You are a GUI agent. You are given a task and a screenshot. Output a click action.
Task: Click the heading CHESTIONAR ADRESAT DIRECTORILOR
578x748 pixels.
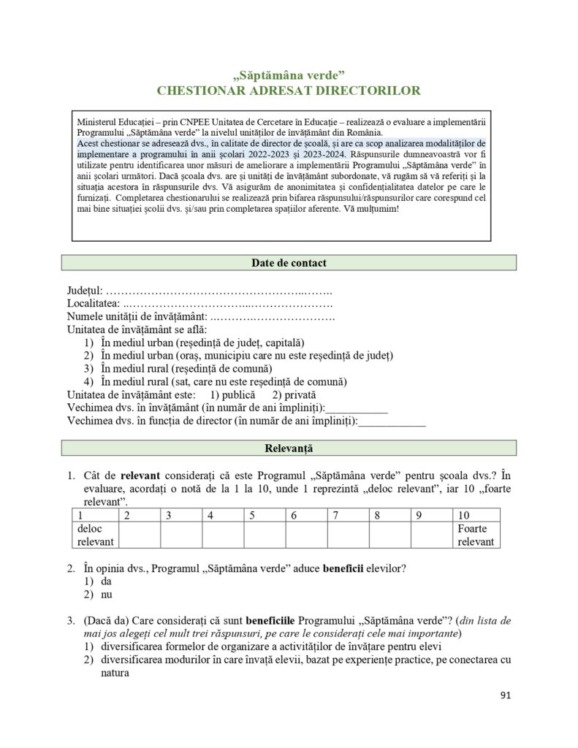click(x=289, y=91)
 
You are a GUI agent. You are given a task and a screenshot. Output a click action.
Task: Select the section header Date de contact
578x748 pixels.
click(x=289, y=263)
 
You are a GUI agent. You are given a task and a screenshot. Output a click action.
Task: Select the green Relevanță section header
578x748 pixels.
click(x=289, y=448)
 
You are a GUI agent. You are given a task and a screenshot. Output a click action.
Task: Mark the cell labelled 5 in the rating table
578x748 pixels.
click(x=265, y=515)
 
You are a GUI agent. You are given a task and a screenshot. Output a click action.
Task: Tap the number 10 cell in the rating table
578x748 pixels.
click(x=474, y=515)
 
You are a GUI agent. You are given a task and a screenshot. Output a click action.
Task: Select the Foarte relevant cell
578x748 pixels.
click(x=474, y=535)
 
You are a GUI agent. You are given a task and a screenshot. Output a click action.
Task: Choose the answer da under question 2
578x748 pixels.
click(x=106, y=581)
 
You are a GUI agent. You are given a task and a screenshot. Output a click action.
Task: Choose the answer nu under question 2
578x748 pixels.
click(x=106, y=595)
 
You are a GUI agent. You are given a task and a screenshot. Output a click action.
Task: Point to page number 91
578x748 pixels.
click(x=506, y=695)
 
